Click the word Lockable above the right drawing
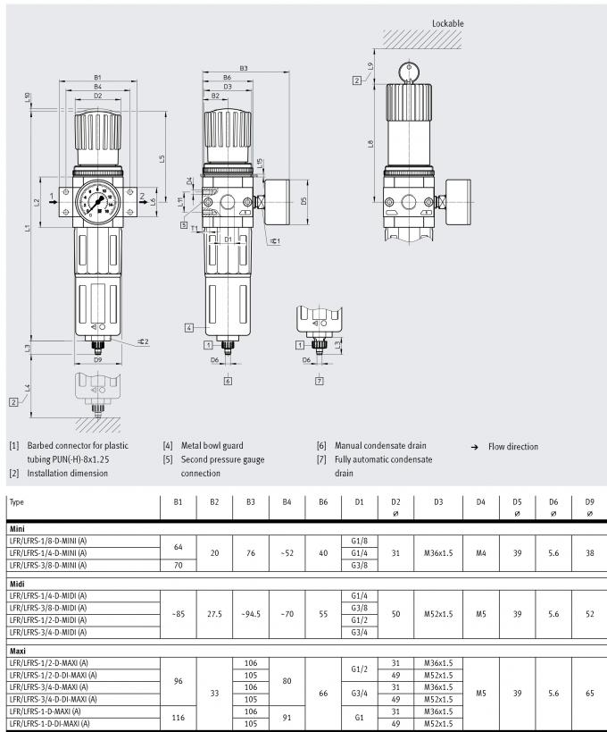pos(447,23)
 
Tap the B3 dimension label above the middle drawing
pos(244,69)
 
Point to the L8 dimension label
pos(370,143)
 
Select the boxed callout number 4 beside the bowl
pos(189,327)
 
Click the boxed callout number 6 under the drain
pos(229,381)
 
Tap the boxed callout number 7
pos(319,381)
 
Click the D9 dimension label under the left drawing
pos(97,359)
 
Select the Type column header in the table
pos(17,502)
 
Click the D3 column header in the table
pos(438,502)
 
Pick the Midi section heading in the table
pos(16,583)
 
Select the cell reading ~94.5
pos(251,613)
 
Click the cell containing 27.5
pos(214,613)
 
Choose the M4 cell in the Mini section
pos(480,553)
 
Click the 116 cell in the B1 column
pos(178,718)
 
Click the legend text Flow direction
pos(513,446)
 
